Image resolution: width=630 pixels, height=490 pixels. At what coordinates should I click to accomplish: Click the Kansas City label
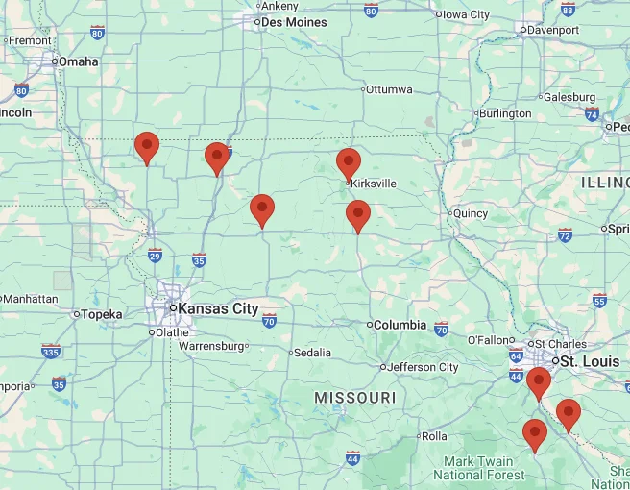[213, 308]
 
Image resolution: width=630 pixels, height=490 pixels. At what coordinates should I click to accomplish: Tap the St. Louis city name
[590, 361]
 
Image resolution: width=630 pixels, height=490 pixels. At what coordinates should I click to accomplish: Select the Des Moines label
[294, 22]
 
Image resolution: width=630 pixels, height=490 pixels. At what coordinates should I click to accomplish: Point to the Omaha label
[78, 61]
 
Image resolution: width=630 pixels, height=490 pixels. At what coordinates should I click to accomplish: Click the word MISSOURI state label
[354, 398]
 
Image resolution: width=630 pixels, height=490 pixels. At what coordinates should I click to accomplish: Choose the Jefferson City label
[423, 367]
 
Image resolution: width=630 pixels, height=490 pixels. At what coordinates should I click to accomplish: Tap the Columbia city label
[400, 325]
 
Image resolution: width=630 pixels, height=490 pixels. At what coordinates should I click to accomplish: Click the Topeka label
[101, 314]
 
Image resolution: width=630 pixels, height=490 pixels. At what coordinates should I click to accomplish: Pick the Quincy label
[471, 213]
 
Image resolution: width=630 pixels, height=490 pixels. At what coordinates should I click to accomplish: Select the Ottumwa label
[388, 89]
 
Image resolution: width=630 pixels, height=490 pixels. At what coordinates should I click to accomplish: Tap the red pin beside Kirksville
[349, 162]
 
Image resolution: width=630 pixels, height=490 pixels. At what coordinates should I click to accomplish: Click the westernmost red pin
[146, 146]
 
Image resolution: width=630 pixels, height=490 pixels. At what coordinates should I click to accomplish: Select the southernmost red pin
[535, 434]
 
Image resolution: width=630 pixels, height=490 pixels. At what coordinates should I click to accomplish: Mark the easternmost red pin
[569, 413]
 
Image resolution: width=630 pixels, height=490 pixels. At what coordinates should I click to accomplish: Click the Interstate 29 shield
[155, 256]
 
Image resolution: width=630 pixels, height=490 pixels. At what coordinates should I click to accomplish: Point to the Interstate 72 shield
[565, 234]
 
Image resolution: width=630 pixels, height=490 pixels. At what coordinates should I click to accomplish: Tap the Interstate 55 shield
[600, 300]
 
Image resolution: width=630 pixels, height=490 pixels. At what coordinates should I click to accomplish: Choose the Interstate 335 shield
[51, 351]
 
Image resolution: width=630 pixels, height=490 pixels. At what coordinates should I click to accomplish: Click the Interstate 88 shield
[568, 9]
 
